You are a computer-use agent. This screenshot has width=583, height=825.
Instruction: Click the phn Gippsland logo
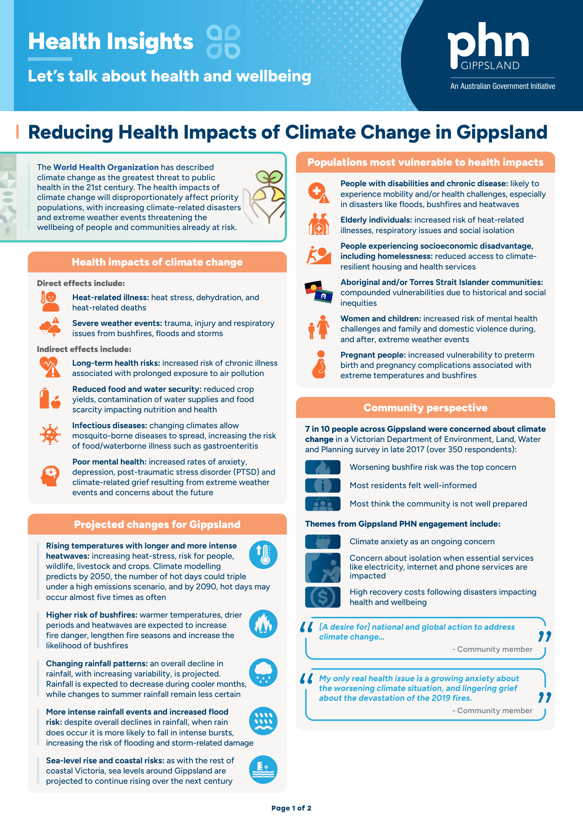[488, 47]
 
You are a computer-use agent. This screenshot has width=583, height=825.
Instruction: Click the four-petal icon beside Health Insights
[223, 42]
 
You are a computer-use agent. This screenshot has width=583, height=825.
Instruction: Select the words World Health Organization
[106, 167]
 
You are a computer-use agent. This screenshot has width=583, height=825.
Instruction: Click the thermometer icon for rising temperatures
[263, 554]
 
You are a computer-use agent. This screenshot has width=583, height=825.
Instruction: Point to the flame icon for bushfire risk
[263, 624]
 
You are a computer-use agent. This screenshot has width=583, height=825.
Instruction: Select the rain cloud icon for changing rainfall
[263, 672]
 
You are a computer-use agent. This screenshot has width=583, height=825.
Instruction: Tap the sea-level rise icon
[263, 769]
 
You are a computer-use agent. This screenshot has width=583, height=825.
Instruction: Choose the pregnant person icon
[319, 364]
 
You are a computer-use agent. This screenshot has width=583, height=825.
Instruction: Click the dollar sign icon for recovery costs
[323, 597]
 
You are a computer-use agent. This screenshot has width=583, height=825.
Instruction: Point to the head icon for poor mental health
[50, 476]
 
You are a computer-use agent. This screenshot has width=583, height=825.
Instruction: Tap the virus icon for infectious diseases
[50, 435]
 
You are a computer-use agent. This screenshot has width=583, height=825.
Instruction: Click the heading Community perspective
[425, 407]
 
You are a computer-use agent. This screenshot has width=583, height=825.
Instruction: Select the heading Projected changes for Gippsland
[157, 524]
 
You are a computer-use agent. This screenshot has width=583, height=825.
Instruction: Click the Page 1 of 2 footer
[291, 808]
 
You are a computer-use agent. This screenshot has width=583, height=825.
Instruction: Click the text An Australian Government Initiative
[503, 86]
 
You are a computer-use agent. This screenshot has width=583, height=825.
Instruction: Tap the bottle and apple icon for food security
[50, 399]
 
